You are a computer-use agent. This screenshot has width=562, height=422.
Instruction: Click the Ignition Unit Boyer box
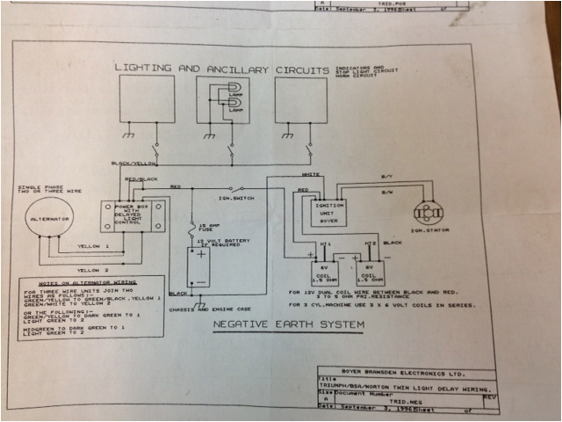coord(321,212)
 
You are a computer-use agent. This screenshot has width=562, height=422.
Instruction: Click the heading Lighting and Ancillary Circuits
coord(221,68)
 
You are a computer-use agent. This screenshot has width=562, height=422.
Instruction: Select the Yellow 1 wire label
coord(94,247)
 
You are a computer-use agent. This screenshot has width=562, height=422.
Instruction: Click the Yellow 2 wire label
coord(94,268)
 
